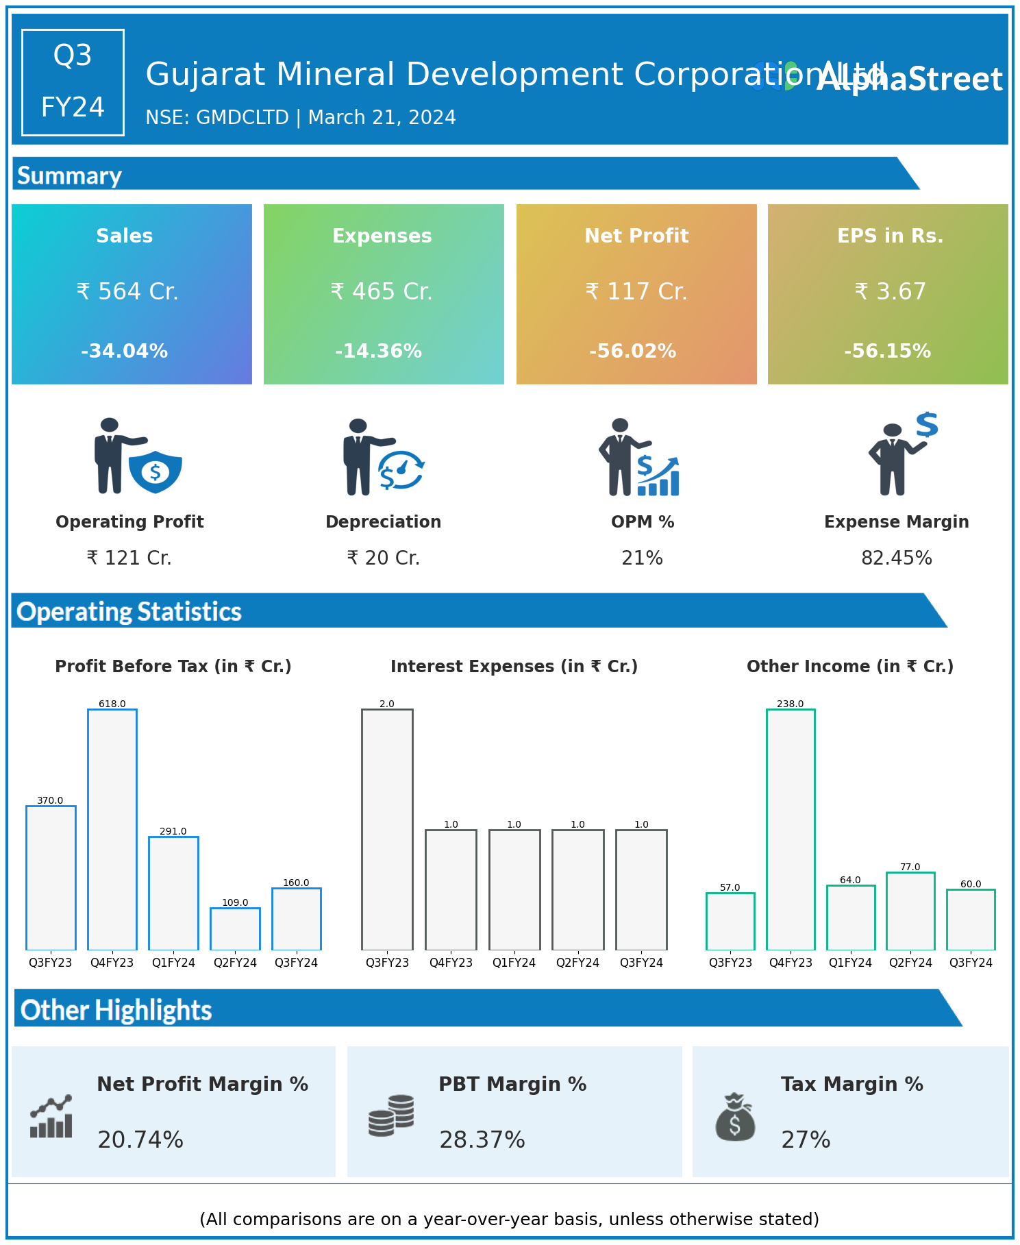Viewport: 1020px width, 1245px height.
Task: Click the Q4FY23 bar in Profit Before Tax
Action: tap(112, 829)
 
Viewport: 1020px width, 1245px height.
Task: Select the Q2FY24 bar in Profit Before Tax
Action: tap(235, 928)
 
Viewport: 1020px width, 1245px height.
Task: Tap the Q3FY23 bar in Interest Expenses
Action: tap(387, 829)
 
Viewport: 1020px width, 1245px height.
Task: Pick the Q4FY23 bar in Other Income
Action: tap(791, 829)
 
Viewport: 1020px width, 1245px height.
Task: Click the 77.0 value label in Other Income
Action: tap(910, 867)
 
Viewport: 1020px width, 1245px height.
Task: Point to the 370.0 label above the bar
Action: tap(50, 800)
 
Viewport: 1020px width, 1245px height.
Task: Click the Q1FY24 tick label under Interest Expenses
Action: tap(514, 963)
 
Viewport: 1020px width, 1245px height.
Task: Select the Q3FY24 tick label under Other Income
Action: tap(971, 963)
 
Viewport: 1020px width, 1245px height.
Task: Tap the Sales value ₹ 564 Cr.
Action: tap(127, 292)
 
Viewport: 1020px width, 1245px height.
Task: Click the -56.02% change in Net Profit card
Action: tap(632, 352)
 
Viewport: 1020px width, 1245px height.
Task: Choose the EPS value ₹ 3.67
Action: tap(890, 292)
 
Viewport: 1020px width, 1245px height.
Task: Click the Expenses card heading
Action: tap(382, 236)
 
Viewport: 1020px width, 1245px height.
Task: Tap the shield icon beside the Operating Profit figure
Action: tap(156, 471)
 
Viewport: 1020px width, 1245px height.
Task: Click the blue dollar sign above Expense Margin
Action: tap(927, 425)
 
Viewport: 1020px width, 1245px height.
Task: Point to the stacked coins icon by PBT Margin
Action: tap(391, 1115)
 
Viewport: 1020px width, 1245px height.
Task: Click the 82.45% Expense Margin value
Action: tap(896, 558)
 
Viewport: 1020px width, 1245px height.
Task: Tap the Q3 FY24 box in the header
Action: tap(73, 82)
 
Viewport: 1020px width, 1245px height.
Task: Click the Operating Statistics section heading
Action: tap(129, 611)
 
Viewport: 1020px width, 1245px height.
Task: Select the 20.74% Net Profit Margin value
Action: tap(140, 1139)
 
